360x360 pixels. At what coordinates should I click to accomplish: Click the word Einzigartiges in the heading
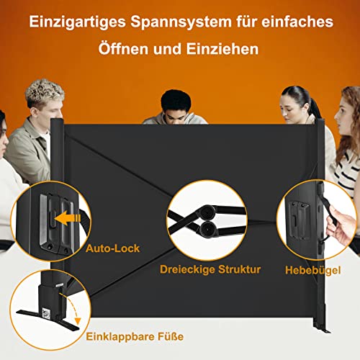pyautogui.click(x=78, y=22)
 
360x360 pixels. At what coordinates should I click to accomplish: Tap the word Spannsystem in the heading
pyautogui.click(x=181, y=22)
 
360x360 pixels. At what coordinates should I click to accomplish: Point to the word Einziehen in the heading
pyautogui.click(x=222, y=49)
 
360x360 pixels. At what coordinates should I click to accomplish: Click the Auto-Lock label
pyautogui.click(x=112, y=248)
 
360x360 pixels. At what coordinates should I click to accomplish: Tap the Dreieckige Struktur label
pyautogui.click(x=210, y=269)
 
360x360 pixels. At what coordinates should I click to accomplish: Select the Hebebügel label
pyautogui.click(x=312, y=270)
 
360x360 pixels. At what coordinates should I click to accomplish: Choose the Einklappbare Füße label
pyautogui.click(x=135, y=336)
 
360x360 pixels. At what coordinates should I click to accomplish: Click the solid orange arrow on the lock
pyautogui.click(x=68, y=218)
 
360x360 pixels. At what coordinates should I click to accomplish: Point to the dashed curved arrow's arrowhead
pyautogui.click(x=77, y=321)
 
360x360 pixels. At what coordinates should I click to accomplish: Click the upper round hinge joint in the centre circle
pyautogui.click(x=207, y=212)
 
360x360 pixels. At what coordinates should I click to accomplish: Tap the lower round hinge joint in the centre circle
pyautogui.click(x=207, y=229)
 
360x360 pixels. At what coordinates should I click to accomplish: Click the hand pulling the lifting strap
pyautogui.click(x=340, y=225)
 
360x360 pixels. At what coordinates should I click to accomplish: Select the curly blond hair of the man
pyautogui.click(x=45, y=92)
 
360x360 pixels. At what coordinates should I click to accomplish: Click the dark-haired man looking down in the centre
pyautogui.click(x=176, y=108)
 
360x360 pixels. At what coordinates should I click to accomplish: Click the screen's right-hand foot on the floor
pyautogui.click(x=322, y=329)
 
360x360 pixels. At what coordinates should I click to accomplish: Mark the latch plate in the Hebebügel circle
pyautogui.click(x=299, y=220)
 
